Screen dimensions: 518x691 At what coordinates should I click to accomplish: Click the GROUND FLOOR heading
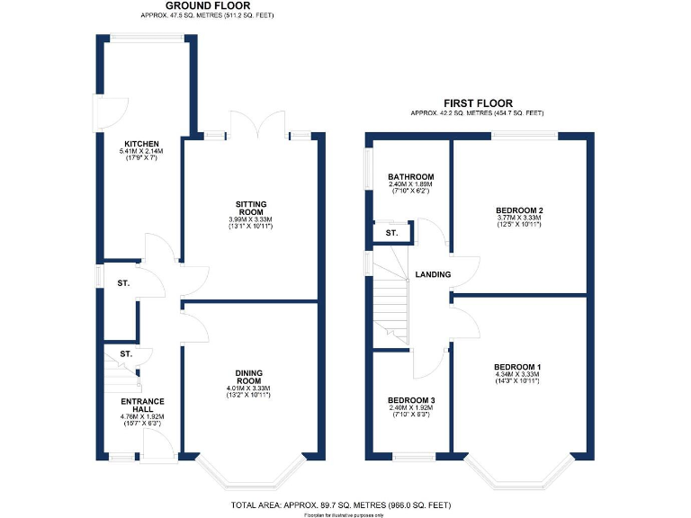coord(208,6)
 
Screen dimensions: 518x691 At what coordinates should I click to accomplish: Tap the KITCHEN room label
coord(142,144)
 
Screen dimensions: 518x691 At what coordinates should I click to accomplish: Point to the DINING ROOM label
coord(248,377)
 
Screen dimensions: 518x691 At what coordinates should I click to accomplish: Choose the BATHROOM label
coord(410,177)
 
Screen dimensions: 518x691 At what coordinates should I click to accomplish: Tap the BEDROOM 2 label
coord(519,210)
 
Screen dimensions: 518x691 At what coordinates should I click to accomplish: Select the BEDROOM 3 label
coord(410,400)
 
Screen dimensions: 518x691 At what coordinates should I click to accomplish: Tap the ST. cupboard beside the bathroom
coord(390,234)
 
